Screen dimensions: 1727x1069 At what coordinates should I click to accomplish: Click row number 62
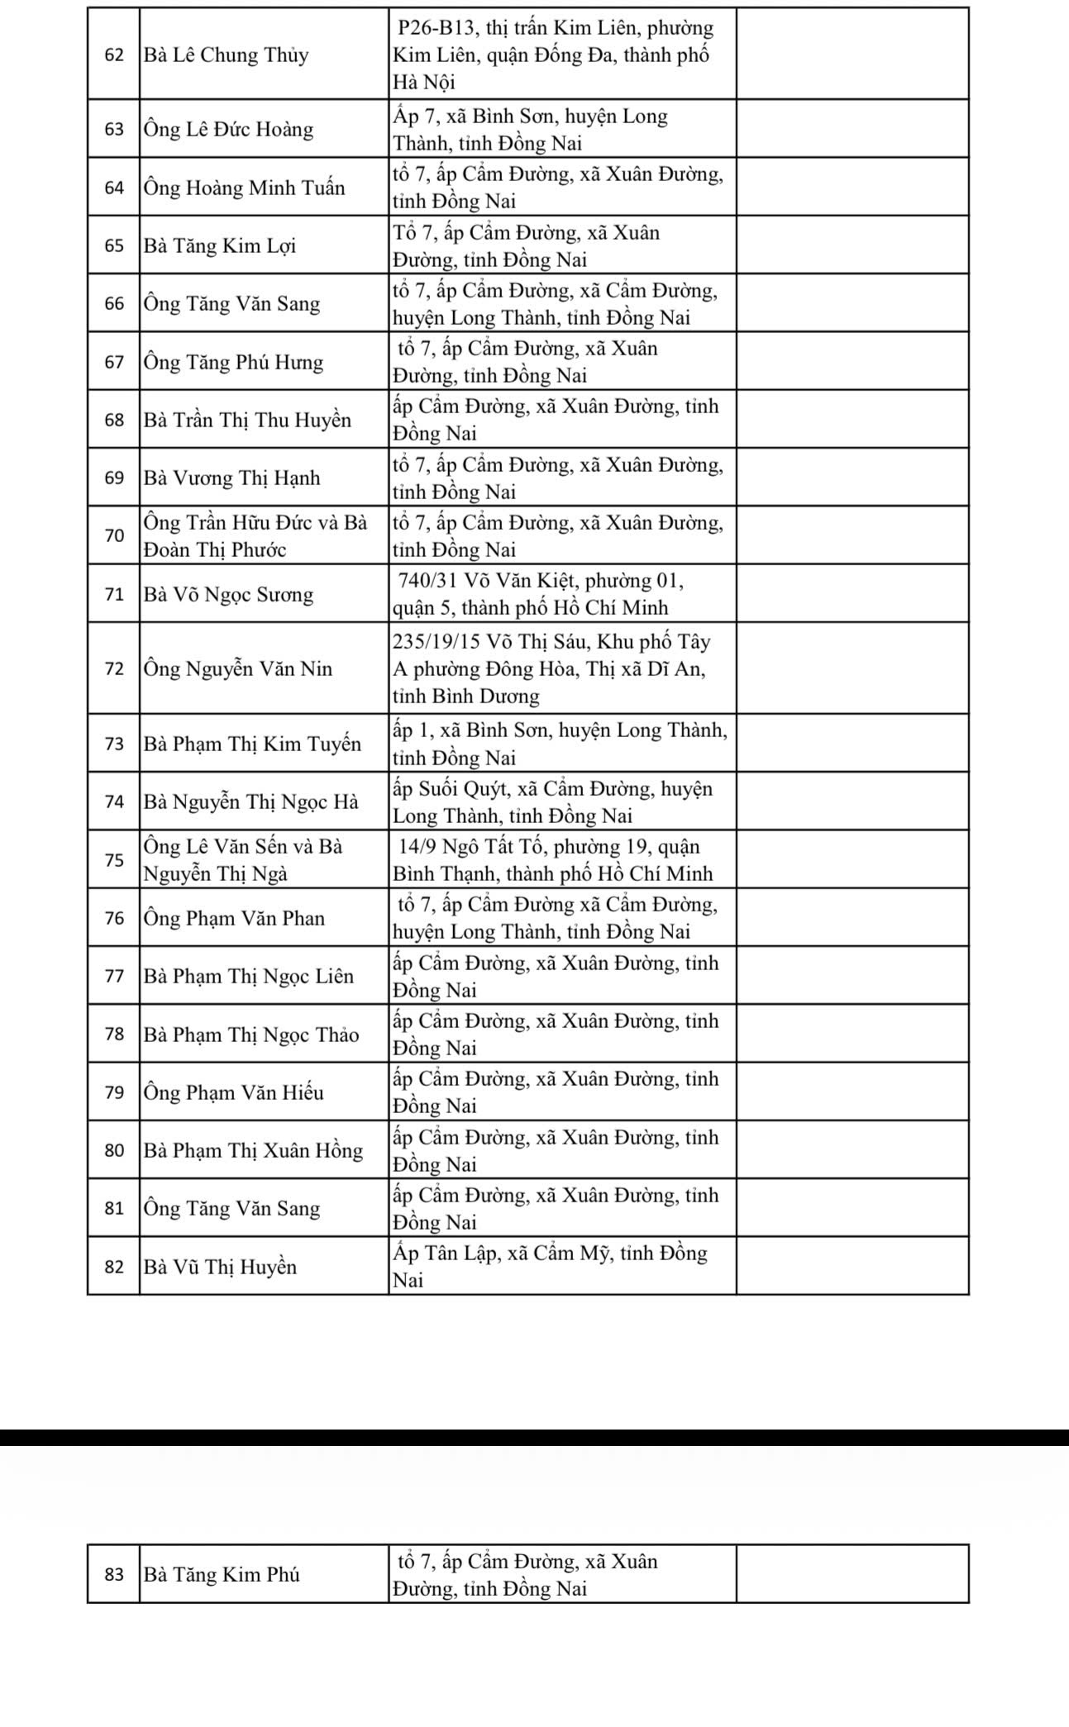(x=114, y=55)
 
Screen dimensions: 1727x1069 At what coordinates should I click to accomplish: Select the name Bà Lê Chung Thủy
(x=226, y=55)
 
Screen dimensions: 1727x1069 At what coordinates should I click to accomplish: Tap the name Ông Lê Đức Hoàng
(x=228, y=130)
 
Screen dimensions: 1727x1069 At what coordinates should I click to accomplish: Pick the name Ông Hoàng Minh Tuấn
(x=244, y=188)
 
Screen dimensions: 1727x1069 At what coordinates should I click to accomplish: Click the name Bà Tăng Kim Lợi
(x=220, y=246)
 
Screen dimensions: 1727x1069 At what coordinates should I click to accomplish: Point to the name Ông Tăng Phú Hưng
(x=233, y=362)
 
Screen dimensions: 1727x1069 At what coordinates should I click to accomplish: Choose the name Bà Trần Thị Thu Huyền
(x=247, y=420)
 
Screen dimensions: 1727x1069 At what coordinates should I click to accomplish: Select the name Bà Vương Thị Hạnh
(x=231, y=478)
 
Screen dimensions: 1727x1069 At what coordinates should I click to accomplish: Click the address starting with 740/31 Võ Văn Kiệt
(x=537, y=594)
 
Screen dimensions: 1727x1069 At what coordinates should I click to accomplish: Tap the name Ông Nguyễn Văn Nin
(x=238, y=668)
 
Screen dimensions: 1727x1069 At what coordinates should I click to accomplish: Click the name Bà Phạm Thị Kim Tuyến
(x=252, y=744)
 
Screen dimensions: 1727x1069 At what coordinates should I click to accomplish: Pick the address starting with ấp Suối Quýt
(x=552, y=802)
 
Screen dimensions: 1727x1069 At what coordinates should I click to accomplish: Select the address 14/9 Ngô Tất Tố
(x=552, y=859)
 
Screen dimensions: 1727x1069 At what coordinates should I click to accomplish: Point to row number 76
(x=114, y=918)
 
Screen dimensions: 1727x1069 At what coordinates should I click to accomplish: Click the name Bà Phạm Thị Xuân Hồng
(x=253, y=1150)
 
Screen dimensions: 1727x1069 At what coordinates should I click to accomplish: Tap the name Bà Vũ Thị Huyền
(x=220, y=1267)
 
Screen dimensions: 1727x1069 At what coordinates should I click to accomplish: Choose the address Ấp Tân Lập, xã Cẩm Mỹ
(x=550, y=1267)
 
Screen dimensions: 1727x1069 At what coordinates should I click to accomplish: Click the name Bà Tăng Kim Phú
(x=222, y=1575)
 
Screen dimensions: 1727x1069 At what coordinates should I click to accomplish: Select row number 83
(x=114, y=1575)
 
